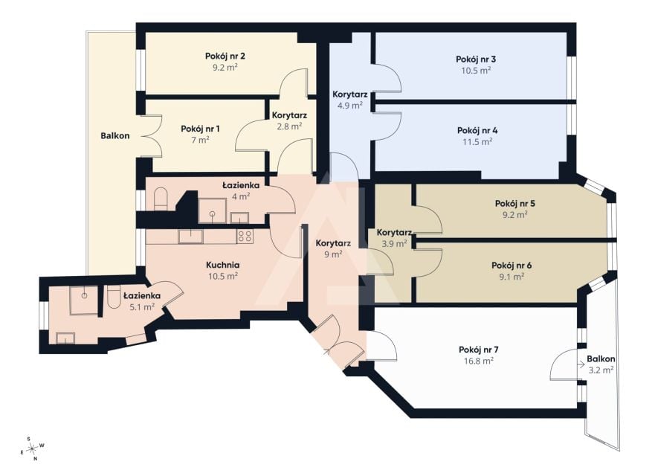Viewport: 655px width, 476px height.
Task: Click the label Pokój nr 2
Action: (x=225, y=56)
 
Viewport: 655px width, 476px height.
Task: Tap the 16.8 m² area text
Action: (x=478, y=361)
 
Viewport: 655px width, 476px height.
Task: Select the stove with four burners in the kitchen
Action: (x=245, y=237)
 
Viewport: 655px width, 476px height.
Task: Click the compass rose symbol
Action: (x=32, y=449)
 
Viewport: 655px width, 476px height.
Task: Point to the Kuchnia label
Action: (x=222, y=265)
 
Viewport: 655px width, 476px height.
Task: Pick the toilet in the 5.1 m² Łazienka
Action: (x=113, y=297)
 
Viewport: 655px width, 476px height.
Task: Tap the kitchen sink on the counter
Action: (x=190, y=237)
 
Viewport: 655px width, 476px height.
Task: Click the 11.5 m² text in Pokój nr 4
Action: (x=477, y=141)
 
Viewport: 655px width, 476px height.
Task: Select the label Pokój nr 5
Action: (x=515, y=204)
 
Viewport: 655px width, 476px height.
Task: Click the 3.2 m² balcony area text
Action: (x=601, y=370)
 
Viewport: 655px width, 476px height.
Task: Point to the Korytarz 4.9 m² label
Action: (x=350, y=100)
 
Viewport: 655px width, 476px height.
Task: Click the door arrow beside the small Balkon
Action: (x=581, y=364)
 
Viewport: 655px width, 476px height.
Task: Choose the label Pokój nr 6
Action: (x=512, y=266)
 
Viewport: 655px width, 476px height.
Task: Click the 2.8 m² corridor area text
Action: (x=289, y=126)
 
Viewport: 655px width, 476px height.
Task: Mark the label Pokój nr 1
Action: (x=200, y=129)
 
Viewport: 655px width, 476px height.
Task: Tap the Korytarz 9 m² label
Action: (x=333, y=248)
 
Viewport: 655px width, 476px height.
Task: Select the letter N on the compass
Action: (x=36, y=459)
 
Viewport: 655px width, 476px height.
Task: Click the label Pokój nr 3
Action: (x=476, y=59)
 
